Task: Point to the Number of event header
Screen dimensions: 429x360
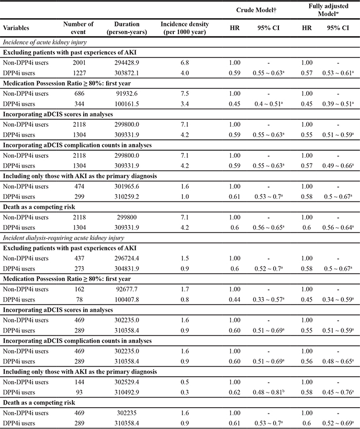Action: tap(78, 27)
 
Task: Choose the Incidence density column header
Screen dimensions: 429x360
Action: tap(185, 27)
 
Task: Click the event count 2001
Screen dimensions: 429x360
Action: tap(78, 62)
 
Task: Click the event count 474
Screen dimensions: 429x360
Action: tap(78, 185)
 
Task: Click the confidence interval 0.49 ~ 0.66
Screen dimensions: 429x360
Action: tap(333, 165)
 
